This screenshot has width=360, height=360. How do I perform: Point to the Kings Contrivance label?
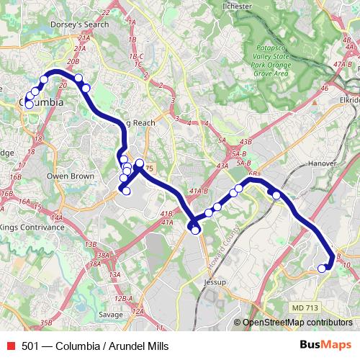tap(32, 227)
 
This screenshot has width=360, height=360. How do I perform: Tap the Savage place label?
tap(110, 315)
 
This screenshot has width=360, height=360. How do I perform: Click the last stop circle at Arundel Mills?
tap(322, 269)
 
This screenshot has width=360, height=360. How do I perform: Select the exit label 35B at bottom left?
tap(47, 323)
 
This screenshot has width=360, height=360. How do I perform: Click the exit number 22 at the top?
tap(106, 12)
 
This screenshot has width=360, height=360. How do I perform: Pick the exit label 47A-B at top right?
tap(343, 64)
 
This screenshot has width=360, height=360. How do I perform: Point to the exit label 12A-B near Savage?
tap(125, 299)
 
